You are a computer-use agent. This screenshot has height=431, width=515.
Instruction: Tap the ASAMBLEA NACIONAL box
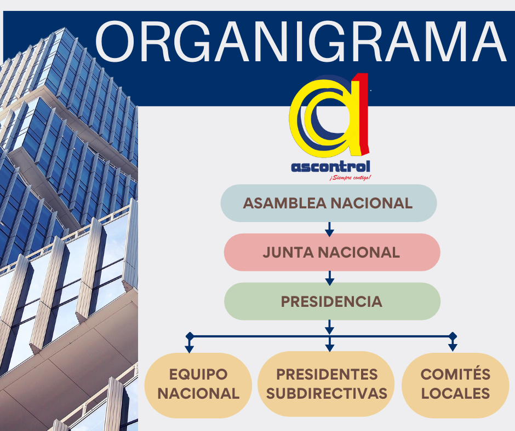329,203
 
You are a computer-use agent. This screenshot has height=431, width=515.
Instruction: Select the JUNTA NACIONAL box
332,252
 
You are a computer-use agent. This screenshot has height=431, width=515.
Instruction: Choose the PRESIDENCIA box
332,301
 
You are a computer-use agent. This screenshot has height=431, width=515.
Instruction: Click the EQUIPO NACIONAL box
198,385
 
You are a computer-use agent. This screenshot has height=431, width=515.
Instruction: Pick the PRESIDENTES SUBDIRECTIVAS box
326,384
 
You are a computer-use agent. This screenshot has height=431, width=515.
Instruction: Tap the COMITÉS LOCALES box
455,385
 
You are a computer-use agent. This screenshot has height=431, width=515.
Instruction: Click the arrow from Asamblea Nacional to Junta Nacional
329,229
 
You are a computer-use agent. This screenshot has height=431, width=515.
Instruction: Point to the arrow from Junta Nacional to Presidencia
330,278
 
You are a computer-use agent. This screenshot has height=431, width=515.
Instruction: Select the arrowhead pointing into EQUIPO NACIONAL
189,348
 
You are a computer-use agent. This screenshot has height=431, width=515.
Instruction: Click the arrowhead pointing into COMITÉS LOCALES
453,347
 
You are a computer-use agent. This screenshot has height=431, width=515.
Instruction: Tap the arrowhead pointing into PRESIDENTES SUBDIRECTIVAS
329,348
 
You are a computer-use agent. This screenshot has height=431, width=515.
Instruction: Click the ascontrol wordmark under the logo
330,167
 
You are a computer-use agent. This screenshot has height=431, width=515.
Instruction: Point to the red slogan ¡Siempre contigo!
350,178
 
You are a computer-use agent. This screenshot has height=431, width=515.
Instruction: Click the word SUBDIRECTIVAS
327,394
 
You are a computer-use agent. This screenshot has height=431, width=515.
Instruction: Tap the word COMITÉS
455,374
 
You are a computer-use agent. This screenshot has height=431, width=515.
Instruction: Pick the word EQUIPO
198,374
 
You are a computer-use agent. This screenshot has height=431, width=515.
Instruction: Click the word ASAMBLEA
285,203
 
